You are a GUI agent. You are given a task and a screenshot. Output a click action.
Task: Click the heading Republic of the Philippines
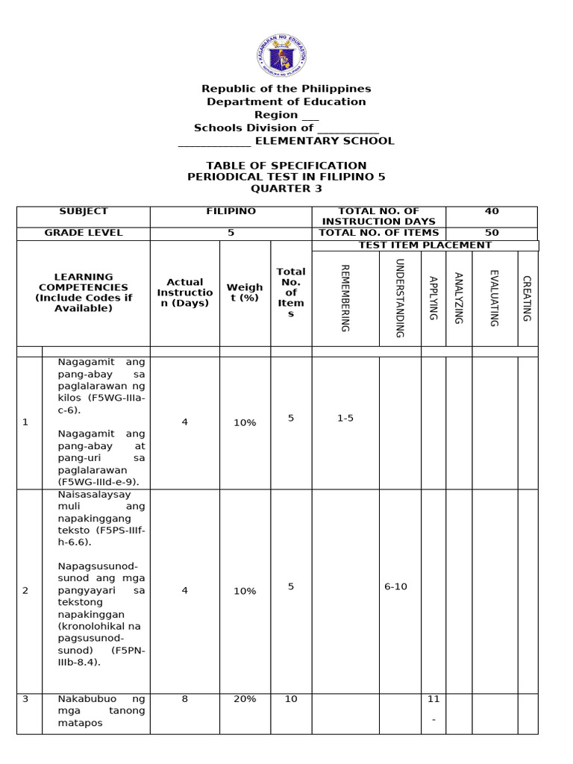(x=286, y=89)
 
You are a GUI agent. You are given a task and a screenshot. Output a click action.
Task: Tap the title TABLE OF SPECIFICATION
(x=286, y=166)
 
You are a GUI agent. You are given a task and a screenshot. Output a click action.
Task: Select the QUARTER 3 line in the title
(x=286, y=189)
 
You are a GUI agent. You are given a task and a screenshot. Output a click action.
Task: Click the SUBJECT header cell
(x=84, y=212)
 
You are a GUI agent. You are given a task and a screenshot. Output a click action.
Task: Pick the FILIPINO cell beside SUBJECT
(x=231, y=212)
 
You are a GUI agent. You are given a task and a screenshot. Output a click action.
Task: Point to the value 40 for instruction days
(x=492, y=212)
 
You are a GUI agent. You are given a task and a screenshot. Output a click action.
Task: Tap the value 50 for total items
(x=492, y=233)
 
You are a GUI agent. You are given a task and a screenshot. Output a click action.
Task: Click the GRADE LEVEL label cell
(x=84, y=233)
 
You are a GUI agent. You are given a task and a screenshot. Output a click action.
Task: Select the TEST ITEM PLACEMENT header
(x=425, y=245)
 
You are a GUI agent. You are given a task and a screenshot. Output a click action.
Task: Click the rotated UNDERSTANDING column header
(x=399, y=298)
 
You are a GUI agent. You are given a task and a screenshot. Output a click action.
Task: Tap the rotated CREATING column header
(x=527, y=298)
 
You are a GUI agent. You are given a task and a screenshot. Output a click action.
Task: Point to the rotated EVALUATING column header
(x=494, y=298)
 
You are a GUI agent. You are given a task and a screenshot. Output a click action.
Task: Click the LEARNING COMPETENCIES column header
(x=84, y=292)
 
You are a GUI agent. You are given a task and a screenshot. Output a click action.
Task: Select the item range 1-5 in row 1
(x=345, y=419)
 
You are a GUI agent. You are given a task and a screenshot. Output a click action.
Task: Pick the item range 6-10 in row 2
(x=395, y=586)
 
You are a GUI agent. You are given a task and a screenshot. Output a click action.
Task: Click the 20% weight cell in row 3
(x=245, y=699)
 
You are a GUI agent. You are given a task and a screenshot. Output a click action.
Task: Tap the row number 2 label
(x=25, y=590)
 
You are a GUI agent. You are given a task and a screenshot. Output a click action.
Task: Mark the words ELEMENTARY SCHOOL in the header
(x=325, y=141)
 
